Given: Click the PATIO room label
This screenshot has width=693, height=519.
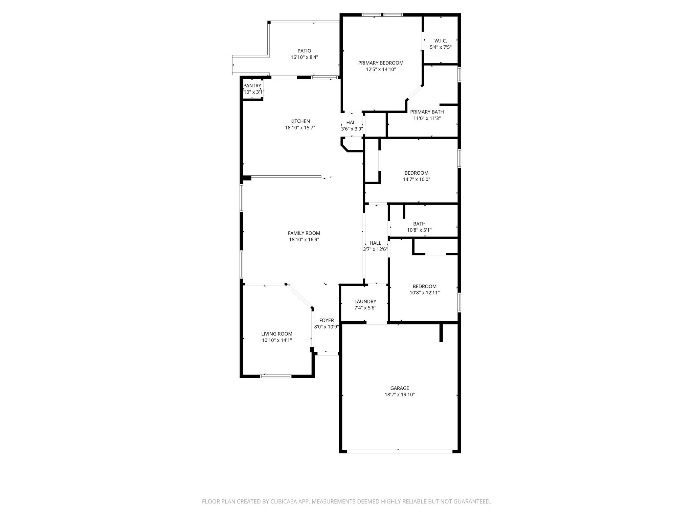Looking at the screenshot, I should coord(304,51).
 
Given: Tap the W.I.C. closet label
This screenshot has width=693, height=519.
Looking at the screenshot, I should coord(441,41).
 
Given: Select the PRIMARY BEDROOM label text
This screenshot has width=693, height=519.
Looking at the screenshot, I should coord(381,63).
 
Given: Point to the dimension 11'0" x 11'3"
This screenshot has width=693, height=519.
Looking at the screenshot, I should coord(427,118).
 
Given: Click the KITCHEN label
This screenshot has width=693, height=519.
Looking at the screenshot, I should coord(300,121).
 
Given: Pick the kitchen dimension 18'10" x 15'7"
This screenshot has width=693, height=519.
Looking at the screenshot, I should coord(300,128).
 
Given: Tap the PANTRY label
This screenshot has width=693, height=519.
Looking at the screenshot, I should coord(252,86).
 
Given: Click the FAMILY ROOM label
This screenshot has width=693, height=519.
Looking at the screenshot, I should coord(304,233).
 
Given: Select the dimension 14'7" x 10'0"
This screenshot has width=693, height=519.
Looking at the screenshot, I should coord(416,179).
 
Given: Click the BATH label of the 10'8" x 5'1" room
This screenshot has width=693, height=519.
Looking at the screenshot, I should coord(419,224).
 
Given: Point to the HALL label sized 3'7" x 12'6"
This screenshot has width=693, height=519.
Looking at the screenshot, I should coord(375,243).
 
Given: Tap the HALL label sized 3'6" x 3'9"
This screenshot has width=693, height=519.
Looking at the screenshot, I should coord(352,123).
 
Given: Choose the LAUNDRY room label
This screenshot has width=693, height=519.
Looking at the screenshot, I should coord(365,301).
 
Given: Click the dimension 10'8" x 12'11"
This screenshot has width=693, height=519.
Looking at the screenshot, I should coord(424,293).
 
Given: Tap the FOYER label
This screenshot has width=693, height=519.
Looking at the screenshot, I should coord(327,320).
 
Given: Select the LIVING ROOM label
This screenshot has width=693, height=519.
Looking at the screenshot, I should coord(276,334).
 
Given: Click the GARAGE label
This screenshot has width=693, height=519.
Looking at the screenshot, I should coord(400,388).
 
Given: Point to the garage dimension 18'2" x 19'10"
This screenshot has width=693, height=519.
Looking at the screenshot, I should coord(400,395).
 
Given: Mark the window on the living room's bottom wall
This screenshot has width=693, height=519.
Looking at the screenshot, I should coord(276,376).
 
